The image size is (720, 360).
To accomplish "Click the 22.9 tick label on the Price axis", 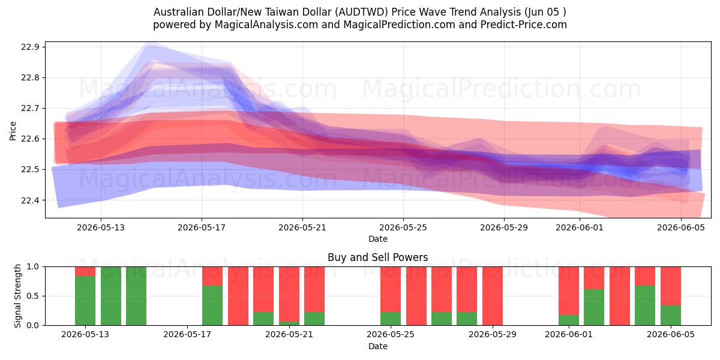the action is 30,47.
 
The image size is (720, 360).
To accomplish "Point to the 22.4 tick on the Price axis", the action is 30,200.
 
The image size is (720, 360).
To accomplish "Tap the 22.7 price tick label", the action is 30,109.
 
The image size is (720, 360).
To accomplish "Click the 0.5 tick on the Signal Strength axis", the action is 32,296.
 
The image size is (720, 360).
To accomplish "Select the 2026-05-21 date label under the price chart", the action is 302,227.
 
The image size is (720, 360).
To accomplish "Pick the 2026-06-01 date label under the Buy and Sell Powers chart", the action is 569,334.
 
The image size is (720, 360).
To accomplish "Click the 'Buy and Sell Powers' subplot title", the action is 377,257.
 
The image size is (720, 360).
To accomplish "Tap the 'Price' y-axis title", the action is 13,131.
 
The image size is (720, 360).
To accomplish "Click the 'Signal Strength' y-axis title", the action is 17,296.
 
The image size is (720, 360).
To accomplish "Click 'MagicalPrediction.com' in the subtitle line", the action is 399,25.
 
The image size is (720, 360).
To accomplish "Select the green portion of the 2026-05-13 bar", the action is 85,301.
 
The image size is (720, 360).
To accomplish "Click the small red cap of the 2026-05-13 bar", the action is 85,271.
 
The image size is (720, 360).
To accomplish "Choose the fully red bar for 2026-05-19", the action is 238,296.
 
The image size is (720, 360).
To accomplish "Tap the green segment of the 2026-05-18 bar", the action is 212,305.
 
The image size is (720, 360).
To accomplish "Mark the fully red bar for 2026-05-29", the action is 493,296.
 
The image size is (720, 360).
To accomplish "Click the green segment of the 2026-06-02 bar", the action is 594,307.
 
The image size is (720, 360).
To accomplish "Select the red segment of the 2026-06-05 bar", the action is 671,286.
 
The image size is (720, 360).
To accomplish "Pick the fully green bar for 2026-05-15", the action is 136,296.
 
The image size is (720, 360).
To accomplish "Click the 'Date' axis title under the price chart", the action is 377,239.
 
